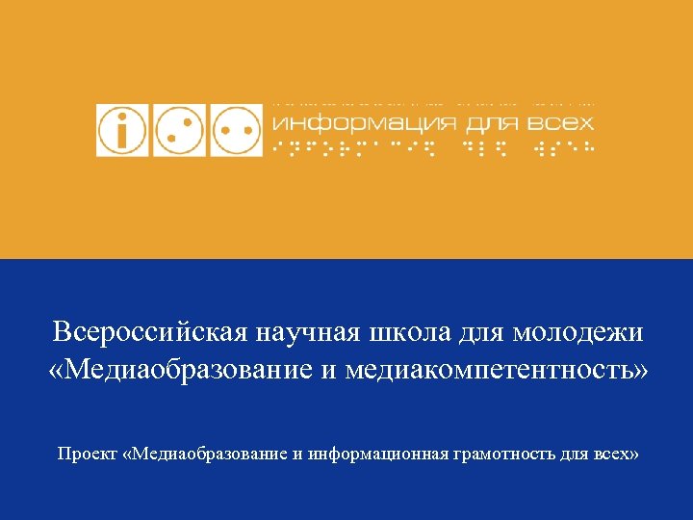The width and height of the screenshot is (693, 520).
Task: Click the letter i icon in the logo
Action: pyautogui.click(x=122, y=129)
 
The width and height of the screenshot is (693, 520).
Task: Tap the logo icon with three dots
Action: pyautogui.click(x=179, y=129)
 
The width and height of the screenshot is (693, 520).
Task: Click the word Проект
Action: pyautogui.click(x=88, y=452)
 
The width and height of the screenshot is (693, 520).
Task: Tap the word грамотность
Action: pyautogui.click(x=504, y=452)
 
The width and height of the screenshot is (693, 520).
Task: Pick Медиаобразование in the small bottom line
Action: pyautogui.click(x=211, y=452)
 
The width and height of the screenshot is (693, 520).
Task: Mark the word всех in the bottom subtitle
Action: pyautogui.click(x=612, y=452)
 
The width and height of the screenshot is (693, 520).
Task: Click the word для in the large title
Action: pyautogui.click(x=482, y=333)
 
